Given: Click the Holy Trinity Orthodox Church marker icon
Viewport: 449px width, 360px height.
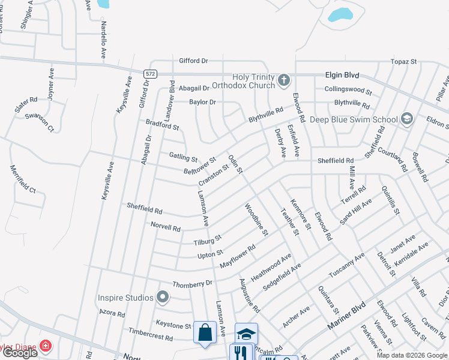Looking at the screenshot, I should pyautogui.click(x=283, y=80).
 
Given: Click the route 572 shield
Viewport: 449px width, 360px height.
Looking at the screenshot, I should pyautogui.click(x=150, y=73).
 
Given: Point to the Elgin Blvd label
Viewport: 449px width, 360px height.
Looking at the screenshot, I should pyautogui.click(x=342, y=75).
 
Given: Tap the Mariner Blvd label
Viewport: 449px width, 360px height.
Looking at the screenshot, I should pyautogui.click(x=346, y=317).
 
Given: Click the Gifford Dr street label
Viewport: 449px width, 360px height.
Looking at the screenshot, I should pyautogui.click(x=193, y=61).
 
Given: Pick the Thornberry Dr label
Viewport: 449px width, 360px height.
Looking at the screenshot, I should pyautogui.click(x=192, y=283).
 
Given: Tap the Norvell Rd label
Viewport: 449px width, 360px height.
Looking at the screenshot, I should pyautogui.click(x=166, y=227).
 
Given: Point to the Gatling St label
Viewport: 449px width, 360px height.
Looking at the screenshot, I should pyautogui.click(x=183, y=157).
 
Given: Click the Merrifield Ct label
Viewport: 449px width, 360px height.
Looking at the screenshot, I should pyautogui.click(x=23, y=179).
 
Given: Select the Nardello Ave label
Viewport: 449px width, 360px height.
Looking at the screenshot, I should pyautogui.click(x=103, y=40).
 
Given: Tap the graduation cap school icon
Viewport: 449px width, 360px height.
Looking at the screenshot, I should pyautogui.click(x=246, y=334).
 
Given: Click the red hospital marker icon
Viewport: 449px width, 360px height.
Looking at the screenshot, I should pyautogui.click(x=45, y=346).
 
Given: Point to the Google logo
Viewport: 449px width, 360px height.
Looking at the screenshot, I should pyautogui.click(x=20, y=353).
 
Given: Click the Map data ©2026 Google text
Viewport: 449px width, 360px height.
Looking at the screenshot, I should pyautogui.click(x=411, y=355).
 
